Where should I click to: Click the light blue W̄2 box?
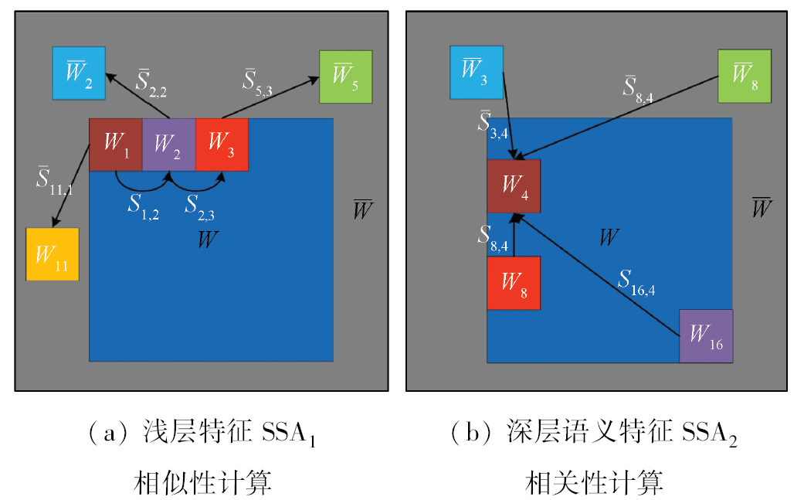pyautogui.click(x=79, y=73)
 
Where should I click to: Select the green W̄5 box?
pyautogui.click(x=345, y=77)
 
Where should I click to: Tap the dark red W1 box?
pyautogui.click(x=116, y=145)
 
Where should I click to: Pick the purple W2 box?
pyautogui.click(x=168, y=145)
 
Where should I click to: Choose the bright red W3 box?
pyautogui.click(x=222, y=145)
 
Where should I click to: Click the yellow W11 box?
pyautogui.click(x=53, y=253)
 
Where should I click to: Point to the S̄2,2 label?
pyautogui.click(x=151, y=83)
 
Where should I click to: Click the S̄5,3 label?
pyautogui.click(x=257, y=83)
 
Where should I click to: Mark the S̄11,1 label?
pyautogui.click(x=54, y=181)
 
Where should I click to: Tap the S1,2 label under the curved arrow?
pyautogui.click(x=144, y=207)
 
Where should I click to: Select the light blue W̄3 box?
pyautogui.click(x=477, y=73)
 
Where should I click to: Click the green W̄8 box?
pyautogui.click(x=745, y=76)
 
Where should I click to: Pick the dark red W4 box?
pyautogui.click(x=514, y=186)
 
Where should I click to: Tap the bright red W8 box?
pyautogui.click(x=514, y=283)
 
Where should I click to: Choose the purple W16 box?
pyautogui.click(x=706, y=336)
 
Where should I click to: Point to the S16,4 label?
pyautogui.click(x=636, y=283)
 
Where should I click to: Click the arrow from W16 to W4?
pyautogui.click(x=596, y=275)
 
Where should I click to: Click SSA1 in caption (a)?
pyautogui.click(x=289, y=434)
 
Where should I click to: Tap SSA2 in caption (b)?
pyautogui.click(x=709, y=434)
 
